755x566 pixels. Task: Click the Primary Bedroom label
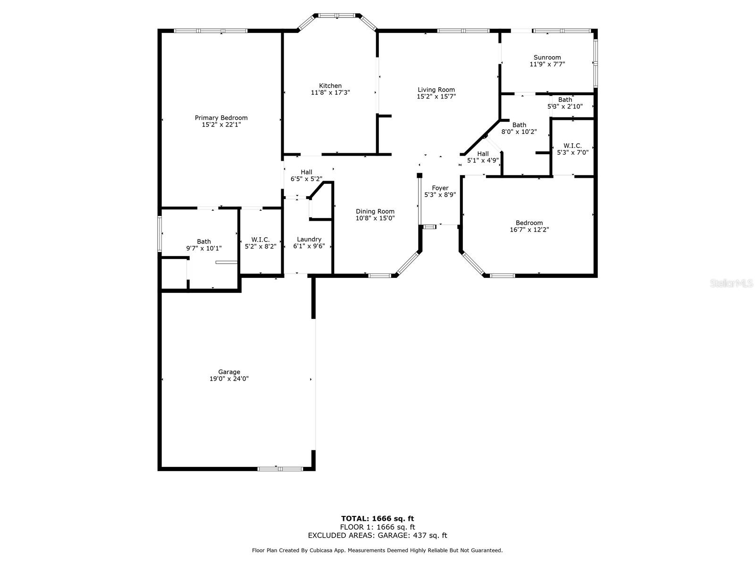point(221,118)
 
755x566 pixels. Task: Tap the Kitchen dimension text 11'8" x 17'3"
point(330,92)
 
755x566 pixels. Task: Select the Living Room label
point(436,90)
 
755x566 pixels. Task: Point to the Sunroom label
point(547,58)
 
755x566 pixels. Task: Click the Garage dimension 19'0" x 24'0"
point(229,379)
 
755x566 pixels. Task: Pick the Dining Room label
point(375,211)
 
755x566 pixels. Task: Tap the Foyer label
point(440,188)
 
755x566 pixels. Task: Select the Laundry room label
point(309,239)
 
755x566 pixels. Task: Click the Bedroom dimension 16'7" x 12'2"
point(529,230)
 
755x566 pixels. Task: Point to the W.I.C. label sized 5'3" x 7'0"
point(572,146)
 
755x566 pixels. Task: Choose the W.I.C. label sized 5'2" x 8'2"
point(260,240)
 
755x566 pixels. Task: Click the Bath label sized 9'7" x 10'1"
point(204,241)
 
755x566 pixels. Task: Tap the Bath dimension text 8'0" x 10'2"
point(519,132)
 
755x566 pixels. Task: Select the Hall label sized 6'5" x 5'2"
point(306,172)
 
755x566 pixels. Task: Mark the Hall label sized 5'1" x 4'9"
point(483,154)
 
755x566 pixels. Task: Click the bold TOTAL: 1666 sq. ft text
point(377,518)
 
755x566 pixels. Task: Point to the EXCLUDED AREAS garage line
point(377,535)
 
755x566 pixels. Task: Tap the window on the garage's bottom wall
point(280,469)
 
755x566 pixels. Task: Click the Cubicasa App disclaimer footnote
point(377,550)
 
